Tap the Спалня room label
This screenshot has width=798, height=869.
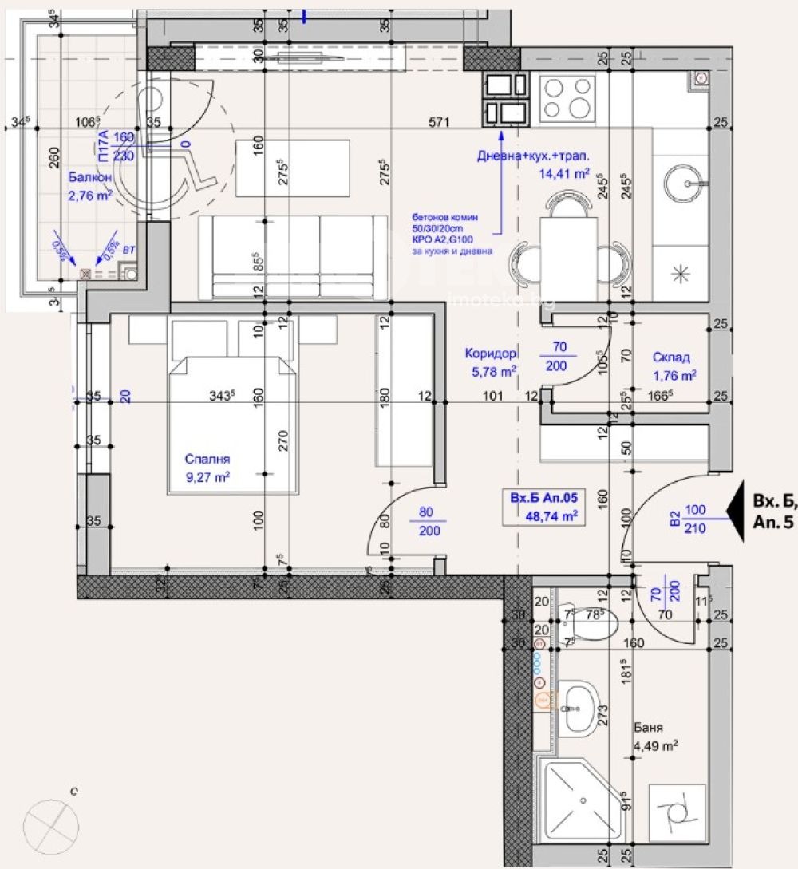[207, 459]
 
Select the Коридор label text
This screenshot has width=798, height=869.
[490, 353]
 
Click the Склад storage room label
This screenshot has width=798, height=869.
[670, 357]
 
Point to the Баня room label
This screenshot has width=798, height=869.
[647, 728]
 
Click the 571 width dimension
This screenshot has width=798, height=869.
[440, 123]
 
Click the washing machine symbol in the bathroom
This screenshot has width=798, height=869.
[677, 812]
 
